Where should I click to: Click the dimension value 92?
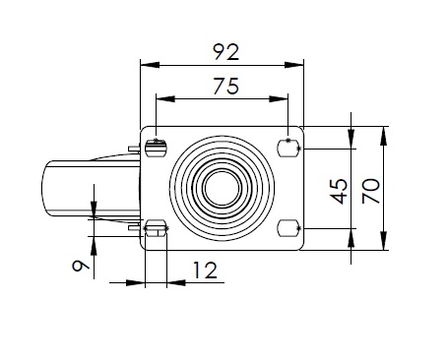pos(226,52)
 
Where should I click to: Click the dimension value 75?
pos(226,87)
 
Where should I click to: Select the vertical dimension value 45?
pos(339,191)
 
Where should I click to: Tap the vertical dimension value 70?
pos(371,191)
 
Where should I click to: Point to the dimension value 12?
pos(205,270)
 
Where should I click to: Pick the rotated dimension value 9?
pos(81,266)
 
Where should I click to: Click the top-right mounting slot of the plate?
pos(288,149)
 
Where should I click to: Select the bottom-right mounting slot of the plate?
pos(288,228)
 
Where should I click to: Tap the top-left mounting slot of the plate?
pos(156,149)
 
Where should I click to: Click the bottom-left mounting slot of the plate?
pos(156,228)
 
